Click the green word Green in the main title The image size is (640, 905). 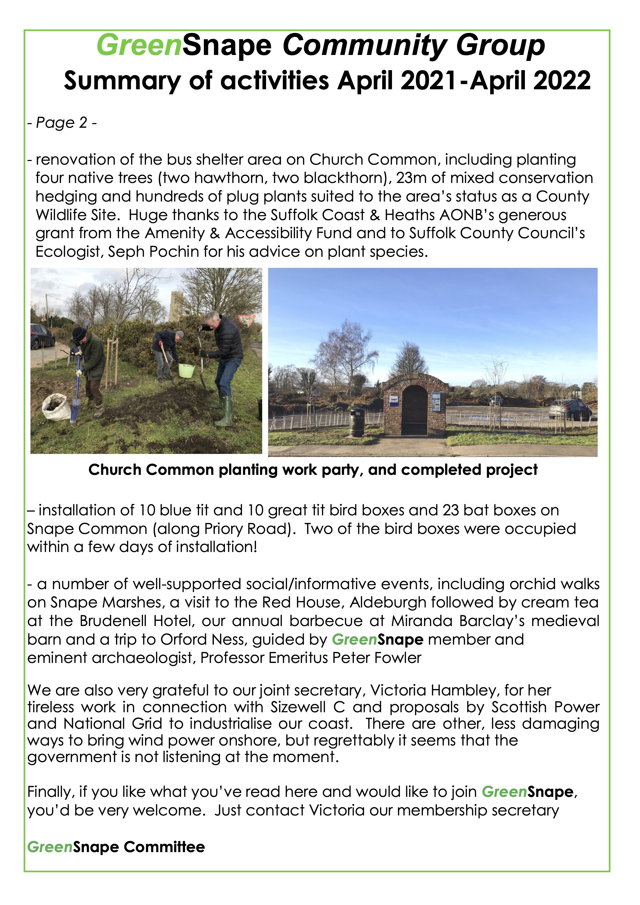(139, 46)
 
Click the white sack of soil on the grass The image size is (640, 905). (56, 407)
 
